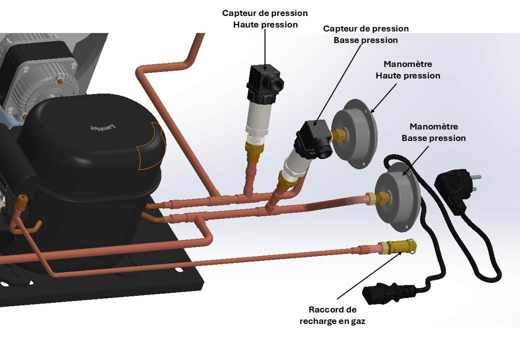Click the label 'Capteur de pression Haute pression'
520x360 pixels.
coord(265,18)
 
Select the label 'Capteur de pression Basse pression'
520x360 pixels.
coord(365,34)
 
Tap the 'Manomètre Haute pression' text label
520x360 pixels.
coord(407,70)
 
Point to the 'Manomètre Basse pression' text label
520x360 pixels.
coord(433,132)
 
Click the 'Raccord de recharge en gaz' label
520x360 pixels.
coord(332,315)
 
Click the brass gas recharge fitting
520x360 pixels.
coord(397,246)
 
